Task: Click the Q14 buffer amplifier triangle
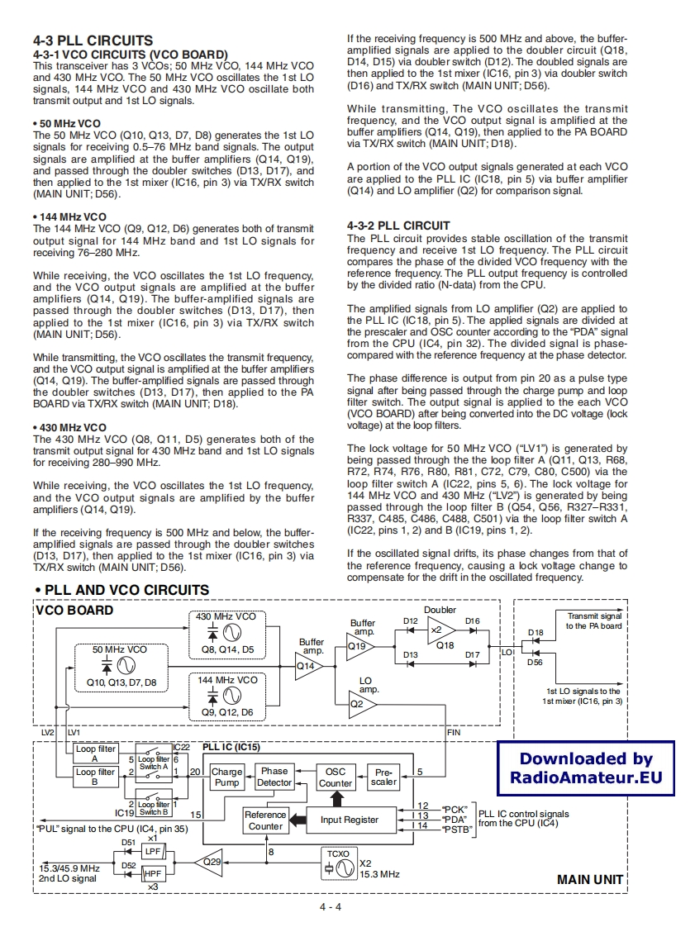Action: (309, 663)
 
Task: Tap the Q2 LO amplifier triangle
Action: (360, 704)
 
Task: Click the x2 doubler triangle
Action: (440, 630)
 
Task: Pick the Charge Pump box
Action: (227, 777)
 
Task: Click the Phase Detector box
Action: (274, 777)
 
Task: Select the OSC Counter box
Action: (336, 777)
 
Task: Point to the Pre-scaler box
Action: (384, 777)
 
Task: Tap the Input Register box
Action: (350, 820)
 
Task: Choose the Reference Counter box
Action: (265, 820)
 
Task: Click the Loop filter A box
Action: (95, 753)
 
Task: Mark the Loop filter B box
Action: (95, 777)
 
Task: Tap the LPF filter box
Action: (153, 851)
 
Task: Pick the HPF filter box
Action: (153, 872)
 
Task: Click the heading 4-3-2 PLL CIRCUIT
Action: (398, 226)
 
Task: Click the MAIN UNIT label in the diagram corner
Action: (589, 879)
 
